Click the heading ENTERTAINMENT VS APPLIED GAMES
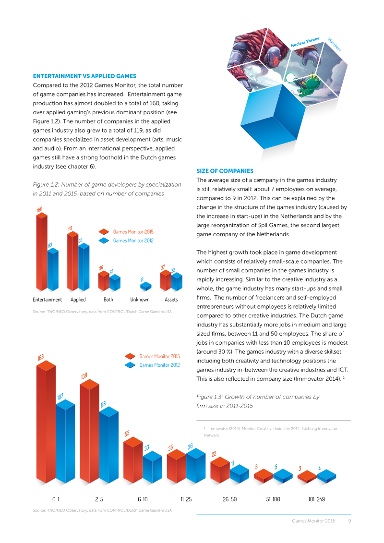(x=84, y=76)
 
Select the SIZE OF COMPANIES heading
(x=225, y=171)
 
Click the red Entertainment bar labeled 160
(x=42, y=252)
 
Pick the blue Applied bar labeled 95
(x=84, y=267)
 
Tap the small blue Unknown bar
(x=146, y=286)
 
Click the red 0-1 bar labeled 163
(x=46, y=422)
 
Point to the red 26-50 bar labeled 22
(x=220, y=470)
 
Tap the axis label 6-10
(x=143, y=499)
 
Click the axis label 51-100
(x=273, y=499)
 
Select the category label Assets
(x=171, y=300)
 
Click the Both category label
(x=108, y=300)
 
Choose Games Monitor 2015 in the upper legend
(x=133, y=232)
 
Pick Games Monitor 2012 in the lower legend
(x=160, y=365)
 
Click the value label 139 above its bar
(x=84, y=376)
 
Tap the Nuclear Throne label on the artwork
(x=305, y=42)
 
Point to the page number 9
(x=350, y=521)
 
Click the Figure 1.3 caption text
(x=258, y=401)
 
